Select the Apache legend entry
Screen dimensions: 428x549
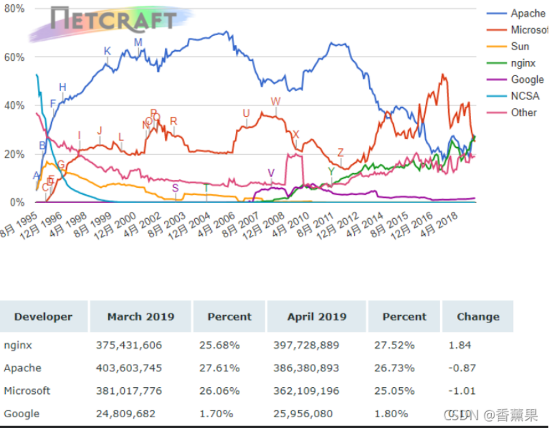[527, 13]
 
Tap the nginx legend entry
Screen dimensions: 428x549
[523, 63]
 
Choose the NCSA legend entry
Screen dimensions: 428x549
[524, 96]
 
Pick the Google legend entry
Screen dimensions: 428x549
[526, 79]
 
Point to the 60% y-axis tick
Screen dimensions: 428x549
[14, 57]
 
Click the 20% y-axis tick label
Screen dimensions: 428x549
[14, 154]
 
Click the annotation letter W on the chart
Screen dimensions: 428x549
[275, 102]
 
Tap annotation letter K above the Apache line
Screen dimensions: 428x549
[107, 51]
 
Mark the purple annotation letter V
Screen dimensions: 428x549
[271, 173]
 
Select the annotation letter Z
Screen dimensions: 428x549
[341, 153]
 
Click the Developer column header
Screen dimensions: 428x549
[43, 317]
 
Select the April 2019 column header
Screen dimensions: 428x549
[316, 317]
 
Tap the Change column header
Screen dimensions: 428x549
[477, 317]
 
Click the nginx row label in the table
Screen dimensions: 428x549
[18, 345]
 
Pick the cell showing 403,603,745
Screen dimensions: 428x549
[129, 368]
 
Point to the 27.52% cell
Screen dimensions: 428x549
[398, 345]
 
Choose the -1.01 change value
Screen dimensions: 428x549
[462, 391]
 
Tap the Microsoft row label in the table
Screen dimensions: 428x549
[27, 391]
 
